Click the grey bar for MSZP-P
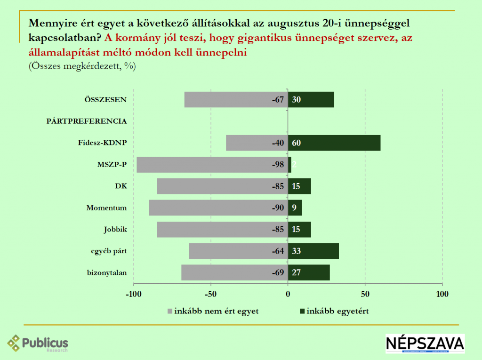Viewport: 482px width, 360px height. coord(212,165)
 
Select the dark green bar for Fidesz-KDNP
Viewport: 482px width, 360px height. coord(334,143)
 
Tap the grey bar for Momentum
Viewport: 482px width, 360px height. coord(218,208)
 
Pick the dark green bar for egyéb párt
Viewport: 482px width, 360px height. coord(313,251)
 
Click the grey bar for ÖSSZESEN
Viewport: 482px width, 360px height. coord(236,100)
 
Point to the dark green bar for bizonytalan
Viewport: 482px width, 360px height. coord(309,273)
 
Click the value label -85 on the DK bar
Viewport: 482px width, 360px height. coord(278,186)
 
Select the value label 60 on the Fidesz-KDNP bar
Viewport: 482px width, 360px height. coord(297,143)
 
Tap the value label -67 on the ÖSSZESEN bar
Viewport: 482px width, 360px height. coord(278,100)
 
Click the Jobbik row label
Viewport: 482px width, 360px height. coord(116,230)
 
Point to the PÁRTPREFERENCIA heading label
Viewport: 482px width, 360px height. coord(87,121)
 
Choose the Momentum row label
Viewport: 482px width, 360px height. coord(107,208)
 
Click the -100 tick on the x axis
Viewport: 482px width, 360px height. coord(134,295)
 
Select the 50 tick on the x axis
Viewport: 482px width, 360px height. coord(365,295)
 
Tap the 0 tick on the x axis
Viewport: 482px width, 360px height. coord(288,295)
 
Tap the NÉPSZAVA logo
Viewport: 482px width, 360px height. coord(425,344)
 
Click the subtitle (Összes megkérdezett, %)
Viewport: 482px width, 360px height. coord(82,66)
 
